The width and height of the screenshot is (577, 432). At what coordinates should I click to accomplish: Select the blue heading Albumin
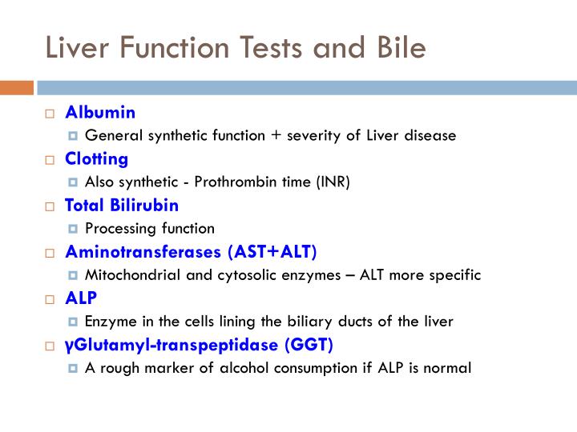point(100,112)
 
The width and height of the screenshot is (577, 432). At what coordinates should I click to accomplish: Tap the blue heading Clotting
point(97,158)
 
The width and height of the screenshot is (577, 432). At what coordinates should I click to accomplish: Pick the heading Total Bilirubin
point(122,205)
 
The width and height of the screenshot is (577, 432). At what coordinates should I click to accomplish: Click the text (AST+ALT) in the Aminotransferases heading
point(272,252)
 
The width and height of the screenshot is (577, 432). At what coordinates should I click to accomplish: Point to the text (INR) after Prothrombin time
point(333,182)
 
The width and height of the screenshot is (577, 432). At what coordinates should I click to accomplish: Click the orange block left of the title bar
point(16,87)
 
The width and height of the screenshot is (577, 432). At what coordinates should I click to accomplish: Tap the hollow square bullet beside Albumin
point(49,113)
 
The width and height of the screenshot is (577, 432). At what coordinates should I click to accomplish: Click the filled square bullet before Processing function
point(74,229)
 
